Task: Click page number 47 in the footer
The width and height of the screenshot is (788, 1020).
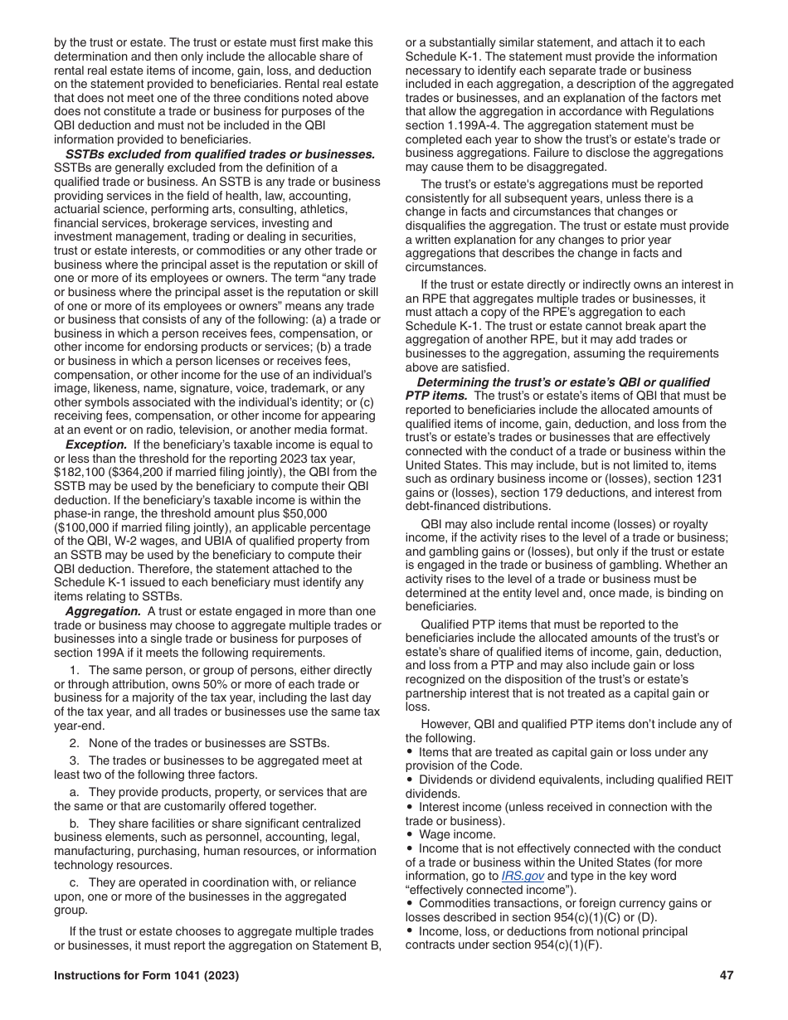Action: pyautogui.click(x=726, y=976)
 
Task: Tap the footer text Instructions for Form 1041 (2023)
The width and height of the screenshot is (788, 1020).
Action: pyautogui.click(x=146, y=976)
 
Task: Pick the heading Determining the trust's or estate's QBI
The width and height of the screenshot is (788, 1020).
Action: pyautogui.click(x=563, y=382)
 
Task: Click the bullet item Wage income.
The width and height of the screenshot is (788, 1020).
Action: pyautogui.click(x=457, y=834)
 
